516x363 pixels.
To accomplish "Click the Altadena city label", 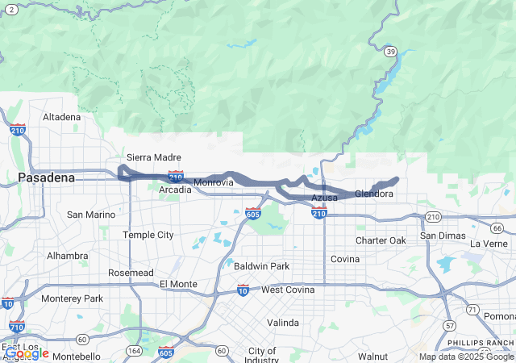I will (x=62, y=117).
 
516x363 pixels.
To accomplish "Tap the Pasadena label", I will (x=46, y=177).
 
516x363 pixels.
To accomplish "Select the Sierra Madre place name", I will (x=154, y=157).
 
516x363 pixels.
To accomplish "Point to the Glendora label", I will (x=374, y=194).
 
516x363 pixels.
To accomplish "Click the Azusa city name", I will (x=324, y=198).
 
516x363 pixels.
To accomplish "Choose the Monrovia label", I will (x=214, y=182).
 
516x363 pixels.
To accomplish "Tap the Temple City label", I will (x=148, y=235).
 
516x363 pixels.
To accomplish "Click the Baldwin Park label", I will (x=261, y=265).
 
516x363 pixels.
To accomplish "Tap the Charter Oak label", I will (x=381, y=240).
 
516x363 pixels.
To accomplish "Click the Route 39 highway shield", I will (x=390, y=52).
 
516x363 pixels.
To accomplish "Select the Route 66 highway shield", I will (x=497, y=229).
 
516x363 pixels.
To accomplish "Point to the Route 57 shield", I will (x=448, y=325).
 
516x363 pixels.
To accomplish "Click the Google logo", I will (x=26, y=353).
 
